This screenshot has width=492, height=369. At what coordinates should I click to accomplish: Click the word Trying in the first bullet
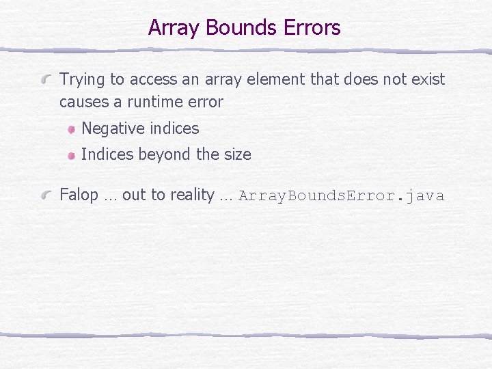(x=83, y=80)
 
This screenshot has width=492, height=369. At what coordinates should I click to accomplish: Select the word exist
(x=428, y=79)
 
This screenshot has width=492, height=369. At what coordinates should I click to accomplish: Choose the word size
(x=237, y=154)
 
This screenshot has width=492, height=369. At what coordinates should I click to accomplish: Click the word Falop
(x=79, y=195)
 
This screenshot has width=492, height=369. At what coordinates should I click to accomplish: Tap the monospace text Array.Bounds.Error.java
(x=341, y=196)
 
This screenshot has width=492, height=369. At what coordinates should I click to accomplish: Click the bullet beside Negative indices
(x=71, y=129)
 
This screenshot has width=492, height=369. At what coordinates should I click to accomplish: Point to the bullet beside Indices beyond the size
(x=71, y=155)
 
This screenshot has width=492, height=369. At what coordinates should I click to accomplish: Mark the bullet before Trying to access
(x=47, y=80)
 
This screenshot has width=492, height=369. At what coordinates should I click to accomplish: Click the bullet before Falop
(x=47, y=196)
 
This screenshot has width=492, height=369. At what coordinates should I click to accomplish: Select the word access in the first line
(x=153, y=80)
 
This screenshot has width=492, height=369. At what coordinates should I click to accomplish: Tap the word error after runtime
(x=206, y=102)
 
